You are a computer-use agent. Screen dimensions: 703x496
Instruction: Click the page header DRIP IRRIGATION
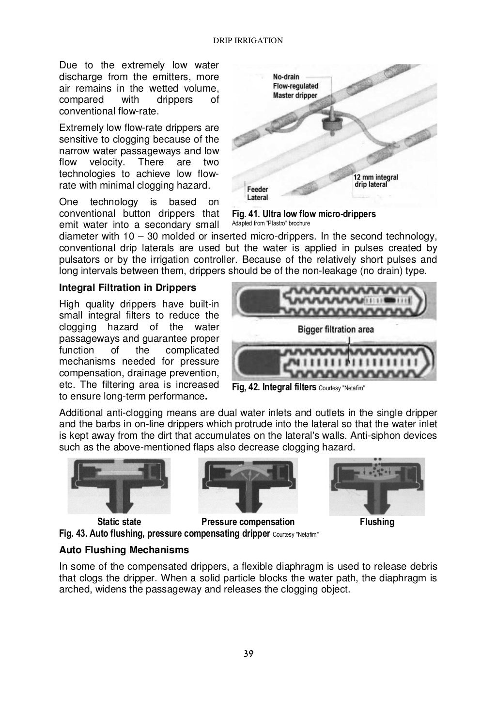(248, 41)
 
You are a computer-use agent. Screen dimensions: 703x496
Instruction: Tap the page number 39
(248, 653)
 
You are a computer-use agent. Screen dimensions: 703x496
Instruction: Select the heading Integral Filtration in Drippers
(127, 288)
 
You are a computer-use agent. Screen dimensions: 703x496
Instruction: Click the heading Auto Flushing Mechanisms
(124, 550)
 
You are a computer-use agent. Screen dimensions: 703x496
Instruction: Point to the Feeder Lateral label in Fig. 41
(258, 193)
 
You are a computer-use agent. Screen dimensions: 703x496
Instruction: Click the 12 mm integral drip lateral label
(376, 181)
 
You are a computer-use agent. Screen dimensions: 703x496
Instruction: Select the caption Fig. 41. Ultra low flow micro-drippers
(304, 214)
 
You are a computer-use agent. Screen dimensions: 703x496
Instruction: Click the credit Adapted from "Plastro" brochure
(271, 224)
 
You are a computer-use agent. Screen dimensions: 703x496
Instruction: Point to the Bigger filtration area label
(336, 329)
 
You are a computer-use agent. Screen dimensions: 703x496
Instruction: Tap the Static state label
(119, 522)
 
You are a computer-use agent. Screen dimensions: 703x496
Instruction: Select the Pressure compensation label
(248, 522)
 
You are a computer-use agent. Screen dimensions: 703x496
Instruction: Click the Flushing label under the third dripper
(377, 522)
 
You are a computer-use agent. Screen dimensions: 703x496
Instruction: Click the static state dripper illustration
(119, 486)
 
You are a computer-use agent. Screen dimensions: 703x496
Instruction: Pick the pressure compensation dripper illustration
(248, 486)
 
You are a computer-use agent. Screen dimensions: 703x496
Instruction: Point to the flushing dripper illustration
(377, 486)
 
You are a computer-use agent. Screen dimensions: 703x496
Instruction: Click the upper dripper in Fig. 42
(334, 301)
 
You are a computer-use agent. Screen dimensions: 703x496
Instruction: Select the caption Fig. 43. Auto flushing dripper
(164, 534)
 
